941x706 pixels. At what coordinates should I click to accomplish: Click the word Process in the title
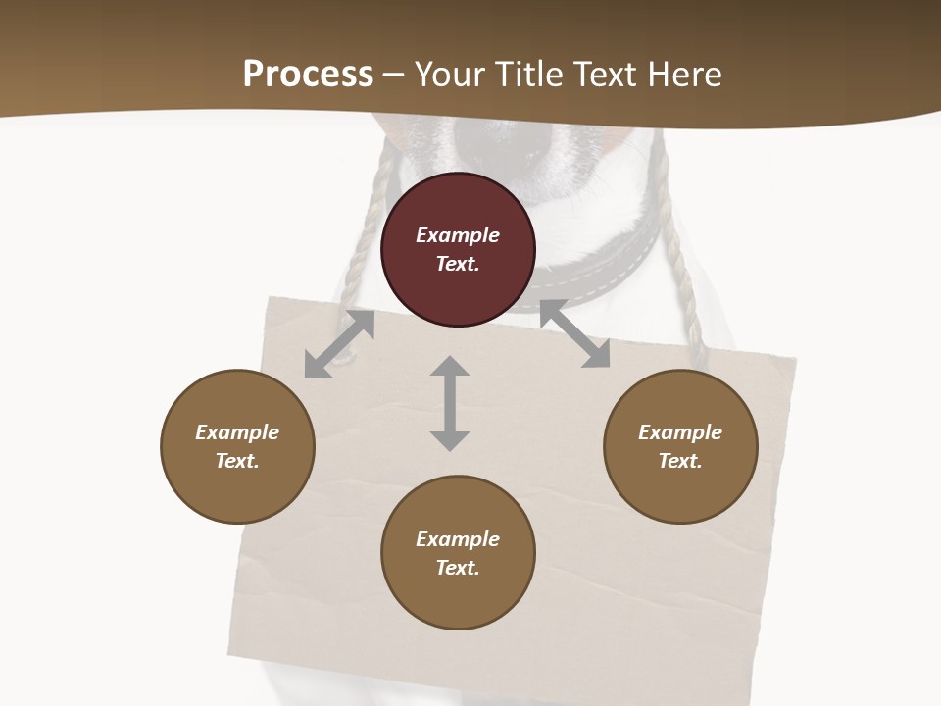coord(308,75)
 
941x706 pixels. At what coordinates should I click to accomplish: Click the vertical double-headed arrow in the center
coord(450,403)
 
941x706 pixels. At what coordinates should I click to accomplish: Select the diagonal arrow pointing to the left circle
coord(339,344)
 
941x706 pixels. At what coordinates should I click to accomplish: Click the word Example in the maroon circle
coord(458,235)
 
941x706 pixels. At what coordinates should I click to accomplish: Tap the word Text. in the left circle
coord(237,461)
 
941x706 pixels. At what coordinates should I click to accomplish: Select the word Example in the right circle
coord(680,432)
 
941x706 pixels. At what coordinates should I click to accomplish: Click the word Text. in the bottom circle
coord(458,568)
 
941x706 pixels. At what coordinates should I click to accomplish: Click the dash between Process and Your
coord(394,75)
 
